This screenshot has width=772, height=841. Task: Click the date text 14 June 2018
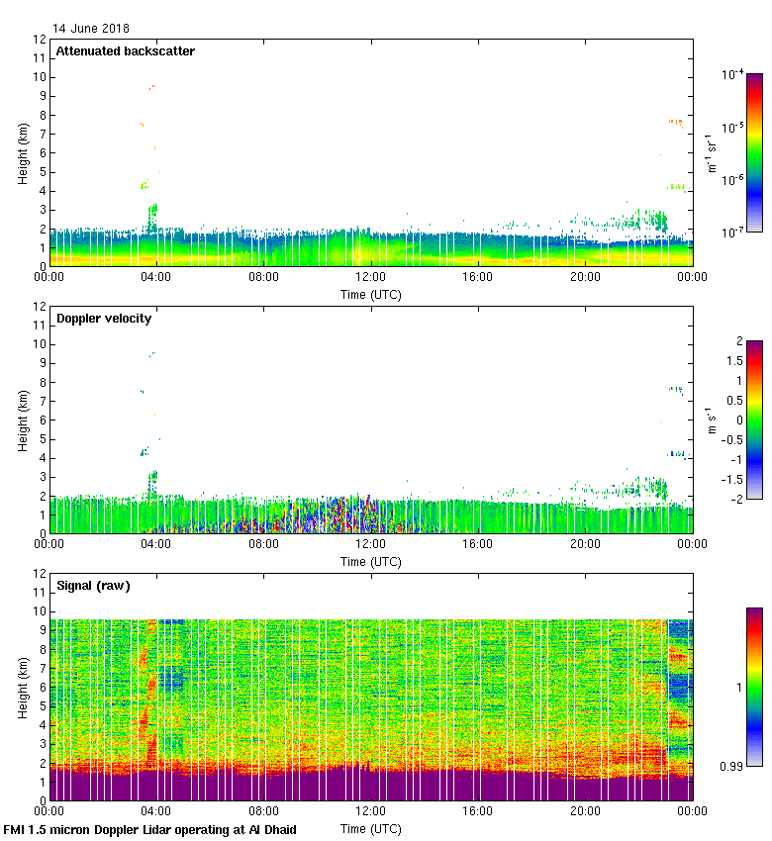(x=90, y=29)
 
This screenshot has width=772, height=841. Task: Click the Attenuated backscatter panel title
(x=125, y=51)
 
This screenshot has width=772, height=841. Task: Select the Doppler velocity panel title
(x=104, y=319)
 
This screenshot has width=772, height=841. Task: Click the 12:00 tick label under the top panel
(x=371, y=278)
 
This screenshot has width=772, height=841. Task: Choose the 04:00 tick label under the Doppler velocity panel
(x=156, y=545)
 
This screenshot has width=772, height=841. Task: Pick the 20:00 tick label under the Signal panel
(x=585, y=811)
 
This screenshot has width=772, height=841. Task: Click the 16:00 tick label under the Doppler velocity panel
(x=478, y=545)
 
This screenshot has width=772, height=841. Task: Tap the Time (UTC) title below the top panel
(x=371, y=294)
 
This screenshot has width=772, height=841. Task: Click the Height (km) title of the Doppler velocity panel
(x=22, y=420)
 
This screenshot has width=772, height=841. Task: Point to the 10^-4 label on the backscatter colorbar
(x=733, y=74)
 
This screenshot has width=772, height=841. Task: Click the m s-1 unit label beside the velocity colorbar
(x=712, y=420)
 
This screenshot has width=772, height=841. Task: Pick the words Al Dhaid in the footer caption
(x=272, y=829)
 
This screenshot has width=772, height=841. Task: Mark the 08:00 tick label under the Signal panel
(x=263, y=811)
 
